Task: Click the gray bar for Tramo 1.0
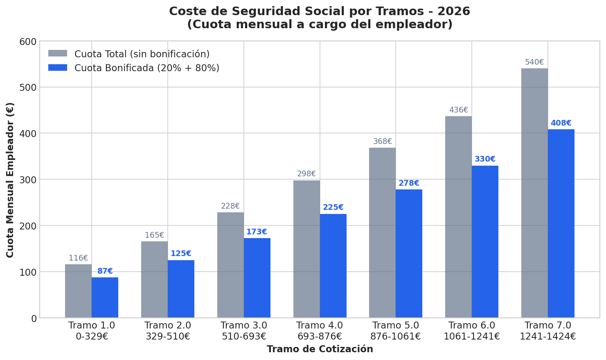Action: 78,291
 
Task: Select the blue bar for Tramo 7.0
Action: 561,223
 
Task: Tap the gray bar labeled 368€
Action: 382,232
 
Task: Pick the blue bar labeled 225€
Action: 333,265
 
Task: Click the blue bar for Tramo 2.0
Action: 181,289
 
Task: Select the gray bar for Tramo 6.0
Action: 458,217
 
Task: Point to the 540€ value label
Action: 534,62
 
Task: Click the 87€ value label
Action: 105,271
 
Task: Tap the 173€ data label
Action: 257,232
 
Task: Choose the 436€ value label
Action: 458,110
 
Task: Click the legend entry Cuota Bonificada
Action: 146,68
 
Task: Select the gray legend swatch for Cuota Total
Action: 58,54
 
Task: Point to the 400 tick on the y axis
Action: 28,133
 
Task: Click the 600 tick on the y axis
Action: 28,41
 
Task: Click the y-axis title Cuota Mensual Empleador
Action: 10,180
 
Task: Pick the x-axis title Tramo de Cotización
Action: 320,349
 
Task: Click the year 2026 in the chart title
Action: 455,11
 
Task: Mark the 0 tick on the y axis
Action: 34,318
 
